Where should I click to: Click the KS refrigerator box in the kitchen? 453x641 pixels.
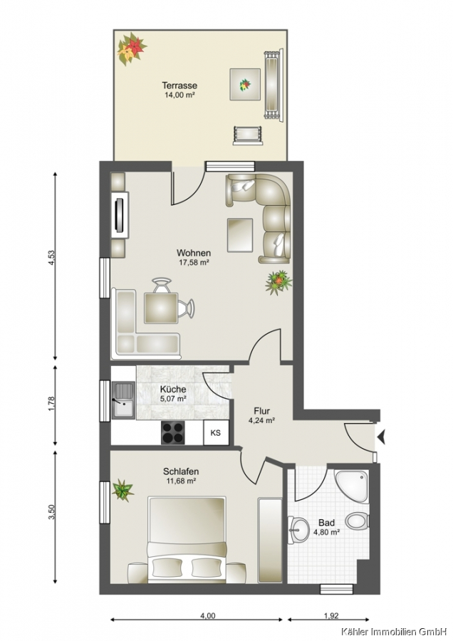(216, 432)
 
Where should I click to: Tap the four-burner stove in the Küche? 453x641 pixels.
(172, 432)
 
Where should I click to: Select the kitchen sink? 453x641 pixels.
(123, 400)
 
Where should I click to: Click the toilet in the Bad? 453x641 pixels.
(358, 521)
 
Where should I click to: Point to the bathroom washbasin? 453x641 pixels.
(299, 530)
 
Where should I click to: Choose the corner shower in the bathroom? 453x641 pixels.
(352, 486)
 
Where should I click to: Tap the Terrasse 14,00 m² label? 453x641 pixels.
(179, 90)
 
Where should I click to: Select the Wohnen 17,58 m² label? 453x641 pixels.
(194, 257)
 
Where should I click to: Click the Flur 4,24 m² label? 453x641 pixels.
(261, 415)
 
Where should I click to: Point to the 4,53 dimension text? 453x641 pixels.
(51, 258)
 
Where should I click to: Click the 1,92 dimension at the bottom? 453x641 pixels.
(331, 615)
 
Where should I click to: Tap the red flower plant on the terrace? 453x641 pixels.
(131, 48)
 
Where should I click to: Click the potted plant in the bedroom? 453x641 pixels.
(123, 490)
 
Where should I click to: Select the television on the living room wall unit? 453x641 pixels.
(120, 214)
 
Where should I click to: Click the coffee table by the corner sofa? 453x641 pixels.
(241, 235)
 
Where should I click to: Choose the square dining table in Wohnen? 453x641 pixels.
(161, 308)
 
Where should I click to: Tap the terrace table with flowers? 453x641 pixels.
(245, 84)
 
